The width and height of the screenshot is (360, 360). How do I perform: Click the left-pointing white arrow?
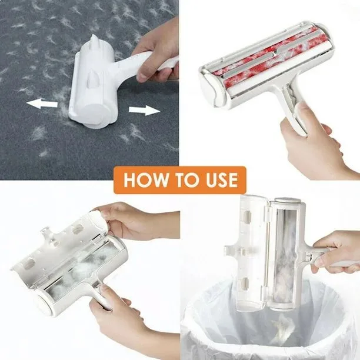pyautogui.click(x=42, y=104)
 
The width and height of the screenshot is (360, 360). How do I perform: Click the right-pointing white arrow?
pyautogui.click(x=144, y=110)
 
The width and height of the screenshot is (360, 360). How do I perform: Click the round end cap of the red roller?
pyautogui.click(x=209, y=87)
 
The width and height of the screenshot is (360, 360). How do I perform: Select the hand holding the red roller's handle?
pyautogui.click(x=315, y=140)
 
